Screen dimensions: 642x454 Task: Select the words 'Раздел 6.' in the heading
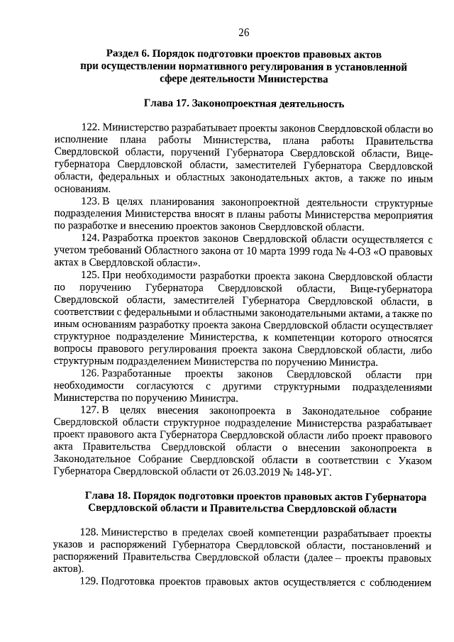tap(128, 54)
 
